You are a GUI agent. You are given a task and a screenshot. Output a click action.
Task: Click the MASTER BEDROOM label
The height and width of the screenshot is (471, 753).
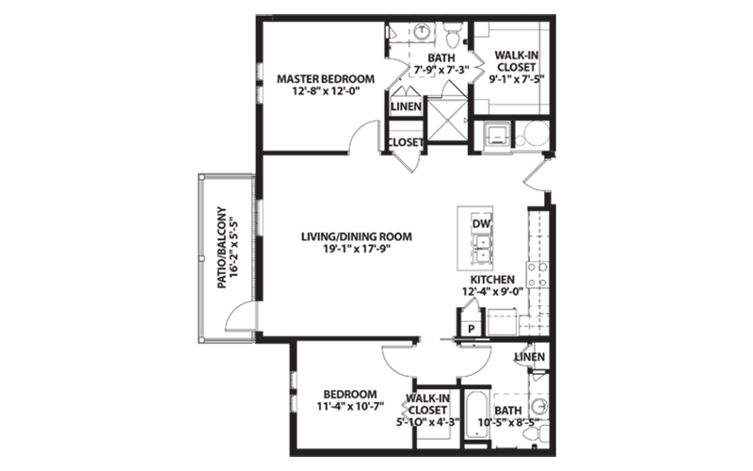click(326, 78)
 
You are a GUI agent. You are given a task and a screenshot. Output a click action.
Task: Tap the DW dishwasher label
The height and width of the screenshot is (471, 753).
click(481, 224)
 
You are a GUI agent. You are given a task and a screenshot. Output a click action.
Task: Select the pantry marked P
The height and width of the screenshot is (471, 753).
click(472, 329)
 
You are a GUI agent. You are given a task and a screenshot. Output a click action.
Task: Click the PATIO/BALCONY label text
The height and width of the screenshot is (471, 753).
click(221, 248)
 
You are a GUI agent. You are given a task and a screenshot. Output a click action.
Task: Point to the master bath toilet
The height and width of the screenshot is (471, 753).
click(452, 34)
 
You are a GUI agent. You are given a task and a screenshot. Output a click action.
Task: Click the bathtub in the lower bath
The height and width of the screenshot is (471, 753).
click(476, 414)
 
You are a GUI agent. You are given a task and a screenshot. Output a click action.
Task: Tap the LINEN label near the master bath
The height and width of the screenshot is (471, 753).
click(407, 106)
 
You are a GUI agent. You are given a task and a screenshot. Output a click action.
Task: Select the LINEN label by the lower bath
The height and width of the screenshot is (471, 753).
click(530, 357)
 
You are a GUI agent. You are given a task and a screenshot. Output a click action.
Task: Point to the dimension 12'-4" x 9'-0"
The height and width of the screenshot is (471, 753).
click(492, 291)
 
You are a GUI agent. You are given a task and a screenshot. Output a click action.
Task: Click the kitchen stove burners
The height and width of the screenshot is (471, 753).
click(537, 274)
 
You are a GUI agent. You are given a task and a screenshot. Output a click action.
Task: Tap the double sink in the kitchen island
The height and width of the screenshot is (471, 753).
click(482, 249)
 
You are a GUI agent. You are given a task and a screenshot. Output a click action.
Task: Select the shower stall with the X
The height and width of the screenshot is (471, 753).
click(447, 120)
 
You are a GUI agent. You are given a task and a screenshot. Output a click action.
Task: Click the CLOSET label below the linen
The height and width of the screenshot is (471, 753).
click(406, 142)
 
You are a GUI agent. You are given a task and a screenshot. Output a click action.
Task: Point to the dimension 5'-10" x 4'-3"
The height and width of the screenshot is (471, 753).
click(428, 422)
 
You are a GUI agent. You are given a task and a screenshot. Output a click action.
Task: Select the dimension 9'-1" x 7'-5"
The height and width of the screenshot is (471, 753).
click(516, 79)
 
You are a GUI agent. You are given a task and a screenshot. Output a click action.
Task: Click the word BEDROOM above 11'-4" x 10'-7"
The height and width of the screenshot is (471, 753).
click(350, 394)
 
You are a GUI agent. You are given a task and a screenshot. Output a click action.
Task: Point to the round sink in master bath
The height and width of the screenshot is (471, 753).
click(421, 31)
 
